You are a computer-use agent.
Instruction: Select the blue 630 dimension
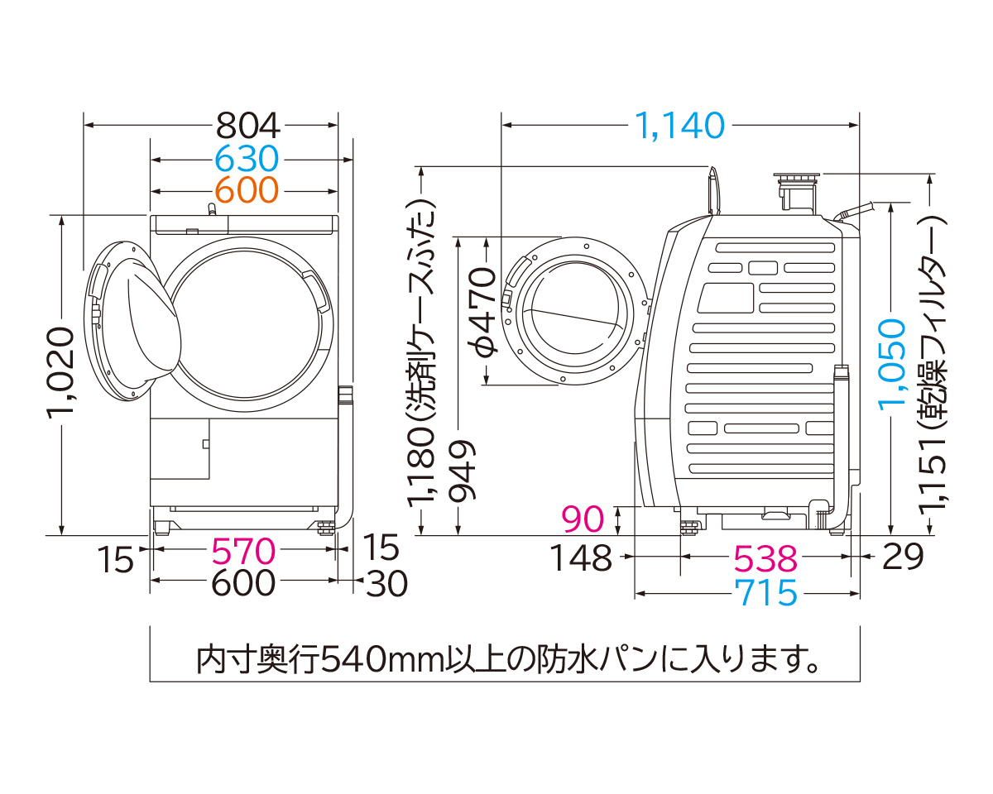tap(246, 158)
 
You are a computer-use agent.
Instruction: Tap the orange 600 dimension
tap(246, 190)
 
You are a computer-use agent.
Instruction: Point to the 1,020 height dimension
tap(61, 374)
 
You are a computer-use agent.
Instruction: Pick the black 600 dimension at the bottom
tap(242, 583)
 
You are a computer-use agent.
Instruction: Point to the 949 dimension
tap(461, 471)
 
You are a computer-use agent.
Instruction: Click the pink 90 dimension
tap(583, 519)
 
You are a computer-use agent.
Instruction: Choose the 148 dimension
tap(583, 558)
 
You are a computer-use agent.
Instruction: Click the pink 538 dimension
tap(765, 559)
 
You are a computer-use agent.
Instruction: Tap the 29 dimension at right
tap(902, 558)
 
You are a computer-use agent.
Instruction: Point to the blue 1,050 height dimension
tap(892, 364)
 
